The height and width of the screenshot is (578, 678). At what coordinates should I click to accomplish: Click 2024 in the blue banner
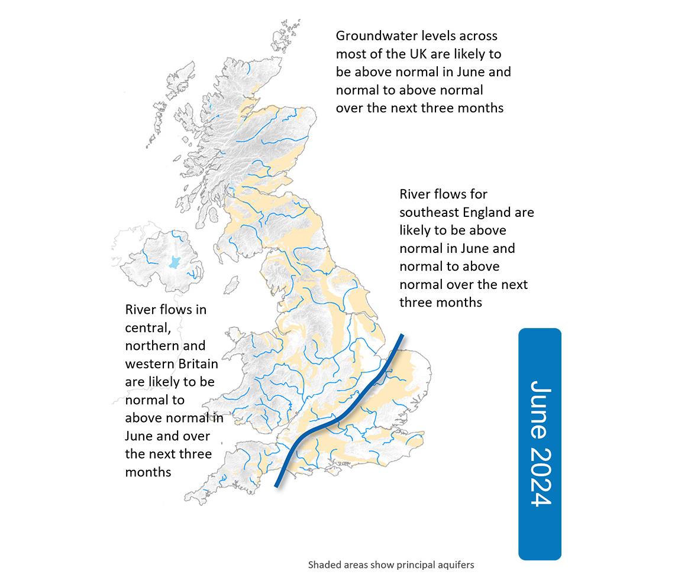pos(540,476)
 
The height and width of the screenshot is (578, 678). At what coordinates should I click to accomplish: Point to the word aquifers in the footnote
pos(454,565)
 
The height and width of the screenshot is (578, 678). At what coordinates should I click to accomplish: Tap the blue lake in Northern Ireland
pos(174,262)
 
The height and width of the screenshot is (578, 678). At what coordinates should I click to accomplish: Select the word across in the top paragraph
pos(473,36)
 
